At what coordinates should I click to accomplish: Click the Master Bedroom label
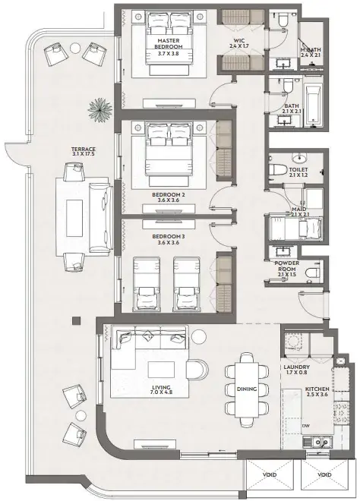point(169,47)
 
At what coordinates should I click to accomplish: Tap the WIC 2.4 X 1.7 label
point(239,43)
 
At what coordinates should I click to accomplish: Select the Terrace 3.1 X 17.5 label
point(84,152)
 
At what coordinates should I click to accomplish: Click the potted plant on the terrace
point(99,109)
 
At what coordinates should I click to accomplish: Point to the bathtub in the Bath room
point(312,105)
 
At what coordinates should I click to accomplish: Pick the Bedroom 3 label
point(168,239)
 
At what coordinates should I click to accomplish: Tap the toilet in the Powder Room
point(312,273)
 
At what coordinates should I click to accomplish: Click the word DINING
point(247,389)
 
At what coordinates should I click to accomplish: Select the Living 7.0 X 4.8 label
point(162,389)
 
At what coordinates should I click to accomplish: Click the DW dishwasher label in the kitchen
point(305,426)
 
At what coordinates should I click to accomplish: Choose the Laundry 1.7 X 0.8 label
point(296,370)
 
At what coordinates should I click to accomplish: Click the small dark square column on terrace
point(76,321)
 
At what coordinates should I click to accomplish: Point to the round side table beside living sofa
point(199,337)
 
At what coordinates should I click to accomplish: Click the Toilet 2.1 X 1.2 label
point(298,172)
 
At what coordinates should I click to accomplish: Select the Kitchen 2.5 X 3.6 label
point(317,392)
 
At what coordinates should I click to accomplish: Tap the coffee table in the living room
point(161,370)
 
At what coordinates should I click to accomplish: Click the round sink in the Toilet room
point(299,157)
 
